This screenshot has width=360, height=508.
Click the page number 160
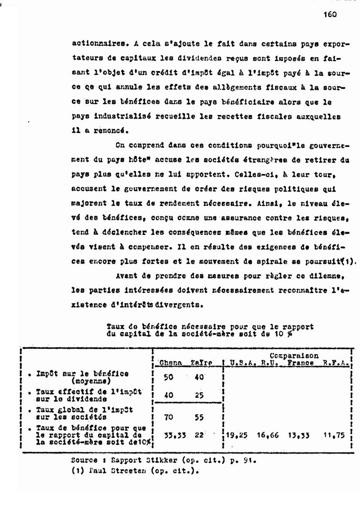click(329, 15)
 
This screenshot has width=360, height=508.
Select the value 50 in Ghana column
click(169, 377)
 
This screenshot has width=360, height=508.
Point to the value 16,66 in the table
click(268, 435)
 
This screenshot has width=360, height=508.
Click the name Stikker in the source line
click(146, 460)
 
